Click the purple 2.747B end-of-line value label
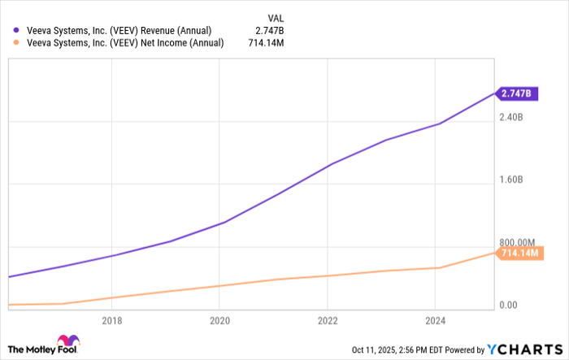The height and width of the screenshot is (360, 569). pyautogui.click(x=516, y=93)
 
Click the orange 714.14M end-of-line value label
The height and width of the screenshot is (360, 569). pyautogui.click(x=521, y=254)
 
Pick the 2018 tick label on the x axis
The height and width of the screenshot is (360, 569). pyautogui.click(x=111, y=320)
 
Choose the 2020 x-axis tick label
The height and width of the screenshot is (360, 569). pyautogui.click(x=219, y=320)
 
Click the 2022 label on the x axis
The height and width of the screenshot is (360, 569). pyautogui.click(x=327, y=320)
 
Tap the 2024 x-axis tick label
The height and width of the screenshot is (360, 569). pyautogui.click(x=435, y=320)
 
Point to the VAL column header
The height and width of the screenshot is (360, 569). pyautogui.click(x=276, y=16)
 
